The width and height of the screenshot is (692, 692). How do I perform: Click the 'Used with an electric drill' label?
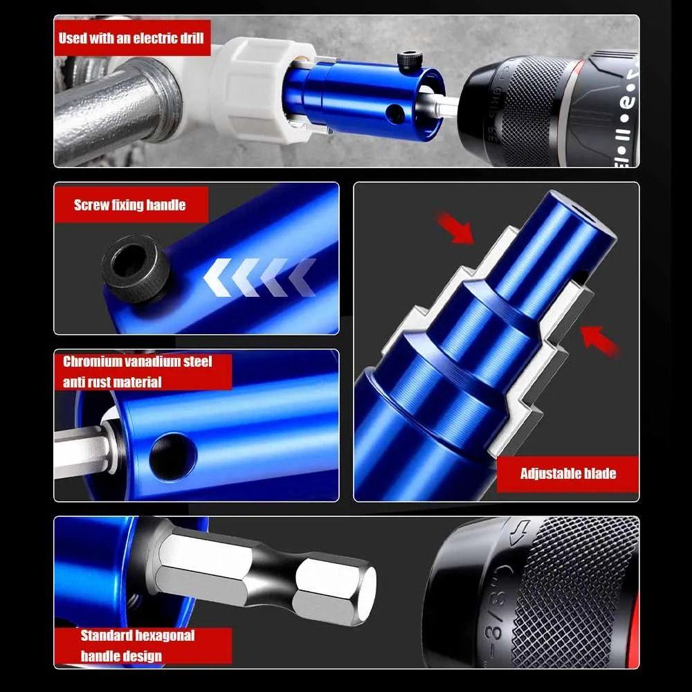pyautogui.click(x=131, y=38)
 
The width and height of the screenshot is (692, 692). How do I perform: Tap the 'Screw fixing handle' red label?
pyautogui.click(x=129, y=205)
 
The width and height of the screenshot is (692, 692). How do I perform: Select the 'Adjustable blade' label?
pyautogui.click(x=567, y=474)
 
